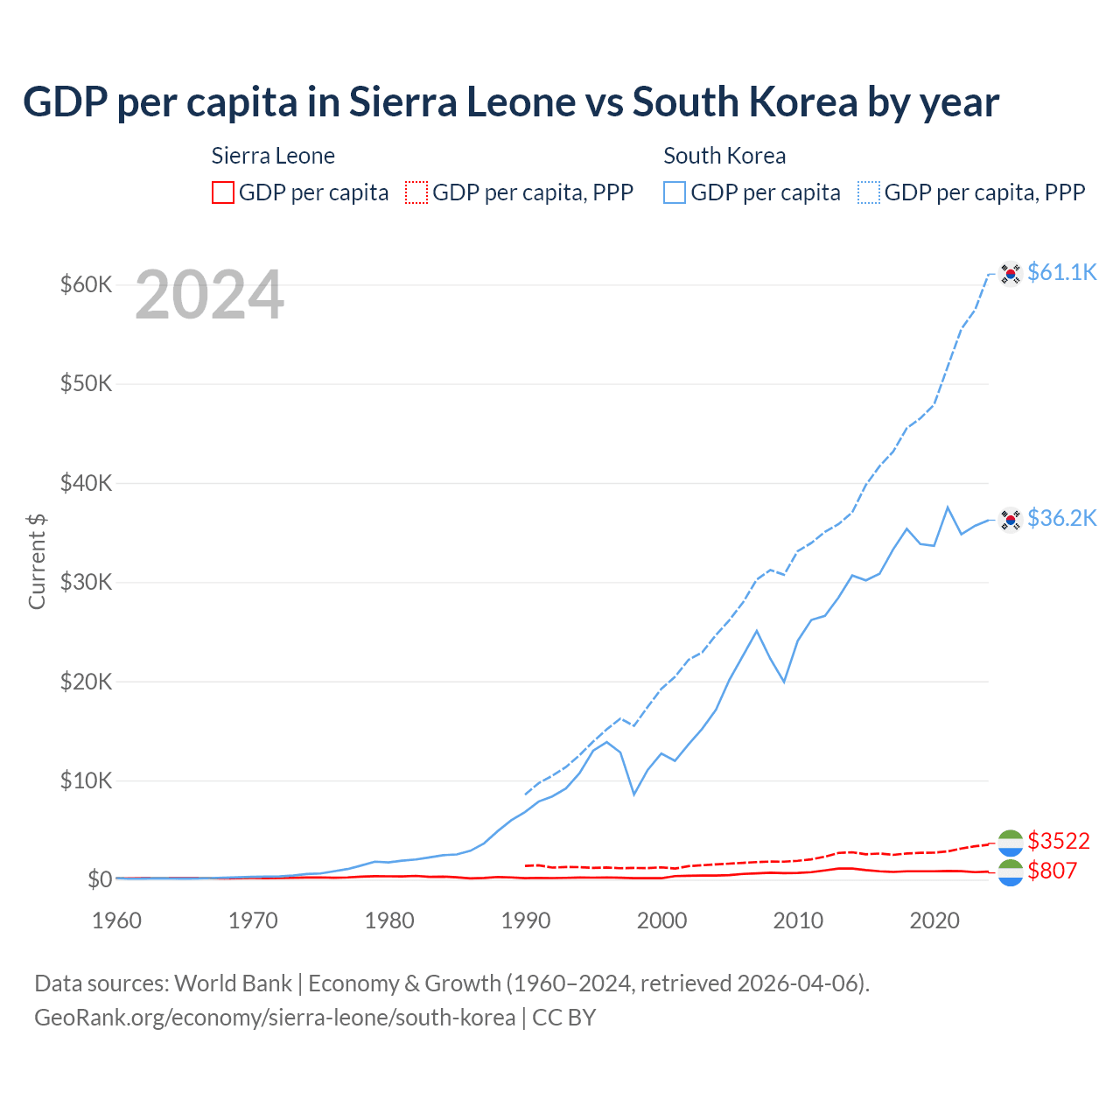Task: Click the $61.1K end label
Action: coord(1061,272)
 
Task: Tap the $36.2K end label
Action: coord(1061,518)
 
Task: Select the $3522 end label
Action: coord(1058,841)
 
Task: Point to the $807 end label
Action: coord(1052,871)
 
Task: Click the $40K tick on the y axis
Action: coord(86,483)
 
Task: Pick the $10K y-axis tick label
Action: coord(86,780)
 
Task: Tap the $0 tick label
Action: coord(100,879)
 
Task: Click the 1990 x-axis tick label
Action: coord(526,920)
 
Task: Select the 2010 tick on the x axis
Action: coord(798,920)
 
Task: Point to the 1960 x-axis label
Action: coord(117,920)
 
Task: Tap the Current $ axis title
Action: coord(37,561)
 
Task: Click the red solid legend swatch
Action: coord(223,192)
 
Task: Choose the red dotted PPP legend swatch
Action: coord(416,192)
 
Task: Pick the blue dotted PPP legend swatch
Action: coord(869,192)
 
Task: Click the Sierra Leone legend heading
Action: coord(273,156)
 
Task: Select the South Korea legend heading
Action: coord(724,156)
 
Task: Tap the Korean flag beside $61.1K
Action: coord(1011,274)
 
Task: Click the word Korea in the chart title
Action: coord(803,102)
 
